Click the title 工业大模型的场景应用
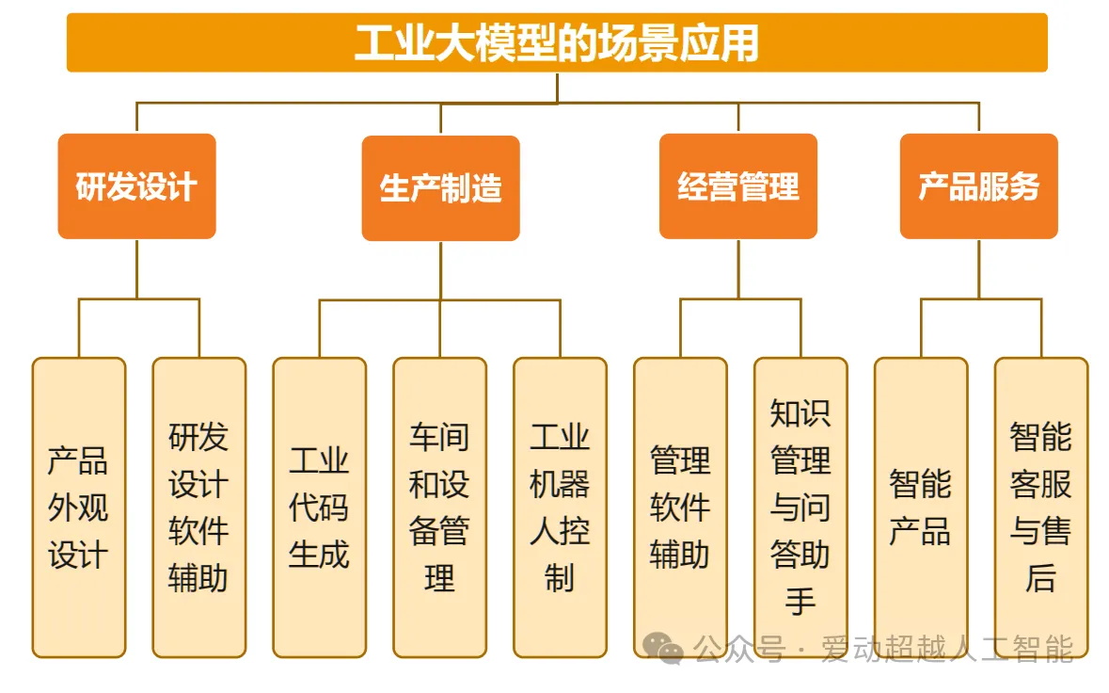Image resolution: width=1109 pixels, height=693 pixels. click(557, 42)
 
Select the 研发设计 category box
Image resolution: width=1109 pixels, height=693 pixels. click(136, 186)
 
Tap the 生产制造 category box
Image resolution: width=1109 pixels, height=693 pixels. click(440, 188)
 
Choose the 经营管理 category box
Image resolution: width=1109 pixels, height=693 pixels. click(738, 186)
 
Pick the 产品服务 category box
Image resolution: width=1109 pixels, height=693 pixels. click(979, 186)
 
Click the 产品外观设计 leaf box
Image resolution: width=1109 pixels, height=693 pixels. click(78, 508)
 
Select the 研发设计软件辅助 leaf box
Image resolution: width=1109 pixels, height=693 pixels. click(199, 508)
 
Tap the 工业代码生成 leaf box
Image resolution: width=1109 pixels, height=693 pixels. click(320, 508)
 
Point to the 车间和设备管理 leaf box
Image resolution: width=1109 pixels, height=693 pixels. click(440, 508)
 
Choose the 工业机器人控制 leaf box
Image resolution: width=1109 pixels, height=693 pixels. click(561, 508)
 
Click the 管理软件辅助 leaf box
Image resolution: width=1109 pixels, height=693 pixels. click(680, 508)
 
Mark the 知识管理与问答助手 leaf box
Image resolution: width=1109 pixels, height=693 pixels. click(800, 508)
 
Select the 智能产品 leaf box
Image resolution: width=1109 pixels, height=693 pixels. click(921, 508)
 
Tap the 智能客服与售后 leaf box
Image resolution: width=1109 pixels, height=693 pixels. click(1041, 508)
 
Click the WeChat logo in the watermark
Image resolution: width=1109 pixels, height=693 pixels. click(663, 648)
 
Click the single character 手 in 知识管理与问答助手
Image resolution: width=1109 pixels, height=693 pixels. click(800, 601)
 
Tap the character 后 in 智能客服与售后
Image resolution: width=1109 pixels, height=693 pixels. click(1041, 577)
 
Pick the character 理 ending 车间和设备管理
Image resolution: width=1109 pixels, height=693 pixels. click(440, 577)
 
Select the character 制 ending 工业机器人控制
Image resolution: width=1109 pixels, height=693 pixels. click(561, 577)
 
